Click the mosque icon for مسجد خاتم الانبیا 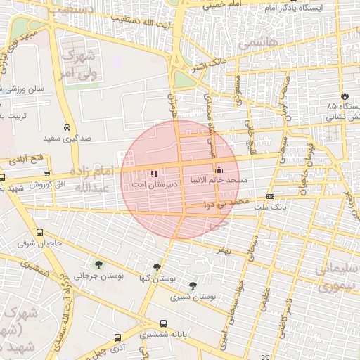tap(219, 169)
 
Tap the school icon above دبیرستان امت tap(154, 173)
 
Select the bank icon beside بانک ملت tap(270, 196)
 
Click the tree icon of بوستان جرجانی tap(97, 265)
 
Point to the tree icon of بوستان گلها tap(156, 268)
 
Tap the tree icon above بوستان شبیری tap(193, 285)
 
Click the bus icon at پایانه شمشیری tap(163, 324)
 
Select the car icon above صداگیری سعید tap(66, 128)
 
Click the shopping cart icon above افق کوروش tap(47, 172)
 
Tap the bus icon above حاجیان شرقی tap(39, 232)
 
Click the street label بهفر tap(224, 250)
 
